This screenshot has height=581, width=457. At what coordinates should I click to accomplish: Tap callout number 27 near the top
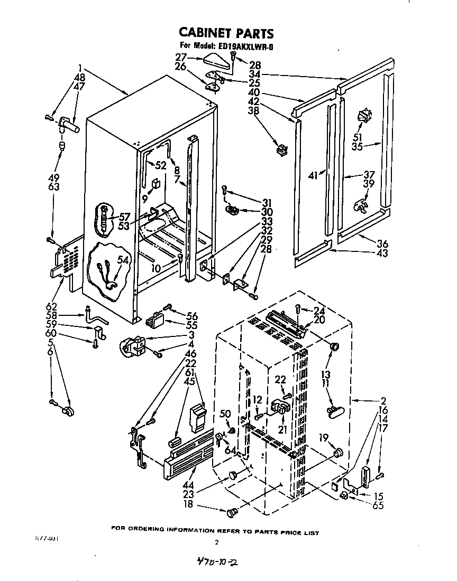click(x=181, y=58)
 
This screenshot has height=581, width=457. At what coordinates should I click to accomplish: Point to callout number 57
click(x=124, y=217)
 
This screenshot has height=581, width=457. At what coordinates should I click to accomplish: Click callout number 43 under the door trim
click(x=382, y=253)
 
